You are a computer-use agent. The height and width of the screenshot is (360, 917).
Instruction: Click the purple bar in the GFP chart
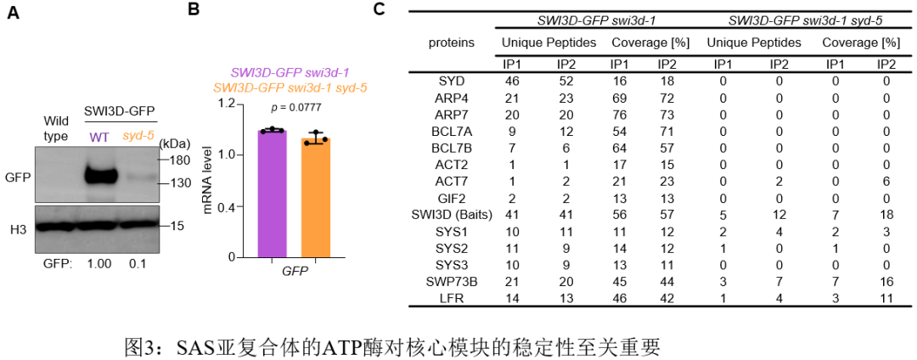pyautogui.click(x=273, y=194)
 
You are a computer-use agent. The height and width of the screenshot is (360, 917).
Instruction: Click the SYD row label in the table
pyautogui.click(x=451, y=81)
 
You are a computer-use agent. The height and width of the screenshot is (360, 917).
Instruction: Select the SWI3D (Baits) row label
pyautogui.click(x=451, y=216)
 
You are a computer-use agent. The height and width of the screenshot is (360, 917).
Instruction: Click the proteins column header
pyautogui.click(x=451, y=42)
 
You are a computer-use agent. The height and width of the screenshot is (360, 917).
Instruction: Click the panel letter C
pyautogui.click(x=380, y=10)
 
